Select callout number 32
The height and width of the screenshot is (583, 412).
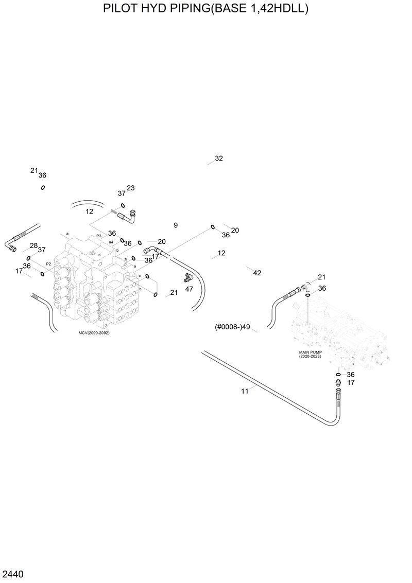pos(219,158)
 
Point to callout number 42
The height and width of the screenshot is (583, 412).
pos(257,273)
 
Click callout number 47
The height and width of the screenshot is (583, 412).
pos(189,289)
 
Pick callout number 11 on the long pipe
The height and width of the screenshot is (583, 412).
pos(245,391)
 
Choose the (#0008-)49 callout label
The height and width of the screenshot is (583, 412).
pos(232,327)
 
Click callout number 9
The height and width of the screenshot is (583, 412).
pos(176,225)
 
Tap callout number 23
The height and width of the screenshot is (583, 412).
pos(131,188)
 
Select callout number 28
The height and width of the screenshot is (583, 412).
pos(33,245)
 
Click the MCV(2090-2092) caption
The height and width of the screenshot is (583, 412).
pos(94,333)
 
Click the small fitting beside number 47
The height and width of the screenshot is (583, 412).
pos(188,278)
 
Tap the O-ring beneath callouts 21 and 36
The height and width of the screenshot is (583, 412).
pos(43,187)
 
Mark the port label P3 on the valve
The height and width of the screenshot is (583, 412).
pos(99,235)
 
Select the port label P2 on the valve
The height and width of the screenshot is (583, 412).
pos(48,263)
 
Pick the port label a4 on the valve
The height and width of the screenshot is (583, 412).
pos(111,242)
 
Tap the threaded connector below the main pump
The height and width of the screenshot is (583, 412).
pos(338,384)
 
